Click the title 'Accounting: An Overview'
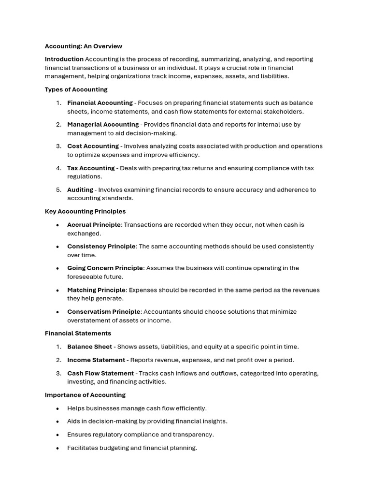(x=83, y=46)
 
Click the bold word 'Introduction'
(x=64, y=59)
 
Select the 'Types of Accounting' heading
(x=76, y=89)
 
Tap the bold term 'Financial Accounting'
(x=100, y=103)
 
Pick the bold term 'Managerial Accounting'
(x=103, y=125)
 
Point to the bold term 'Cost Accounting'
(x=93, y=146)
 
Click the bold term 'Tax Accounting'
(x=91, y=168)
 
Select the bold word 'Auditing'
(x=80, y=190)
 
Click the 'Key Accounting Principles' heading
(x=85, y=211)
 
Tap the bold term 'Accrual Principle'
(x=94, y=225)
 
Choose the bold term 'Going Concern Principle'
(x=105, y=268)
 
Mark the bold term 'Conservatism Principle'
(x=104, y=312)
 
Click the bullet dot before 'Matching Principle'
(x=58, y=291)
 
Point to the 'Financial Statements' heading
(x=78, y=334)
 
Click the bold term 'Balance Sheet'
(x=89, y=347)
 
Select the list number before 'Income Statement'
(x=58, y=360)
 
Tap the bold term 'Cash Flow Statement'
(x=100, y=373)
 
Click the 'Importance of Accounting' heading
(x=85, y=395)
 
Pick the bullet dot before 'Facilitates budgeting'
(x=58, y=449)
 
